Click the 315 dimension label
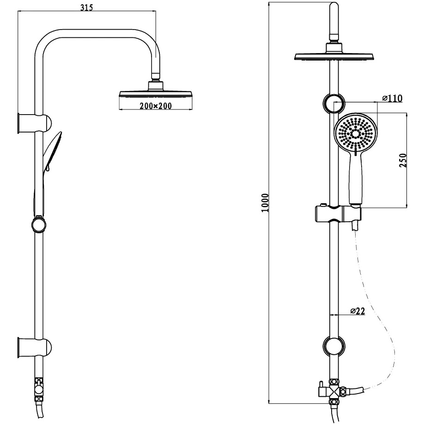point(86,7)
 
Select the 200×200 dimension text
point(156,106)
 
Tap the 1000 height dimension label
point(265,203)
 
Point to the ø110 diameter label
point(392,98)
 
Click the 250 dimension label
point(403,160)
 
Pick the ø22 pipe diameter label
point(357,311)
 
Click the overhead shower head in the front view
point(334,53)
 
